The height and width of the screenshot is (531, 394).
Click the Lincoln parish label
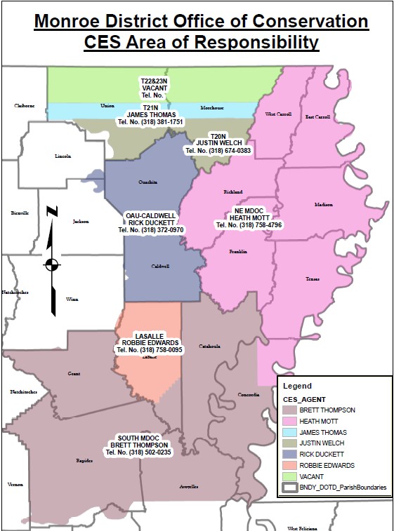[x=63, y=156]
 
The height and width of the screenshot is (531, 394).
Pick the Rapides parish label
[x=84, y=461]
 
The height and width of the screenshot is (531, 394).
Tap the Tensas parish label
[x=312, y=278]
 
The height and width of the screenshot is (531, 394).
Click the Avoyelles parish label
[x=188, y=485]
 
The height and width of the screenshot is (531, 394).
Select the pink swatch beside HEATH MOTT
[x=291, y=421]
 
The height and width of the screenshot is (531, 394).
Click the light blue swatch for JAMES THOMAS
[x=291, y=433]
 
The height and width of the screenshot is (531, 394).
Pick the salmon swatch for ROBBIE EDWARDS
[x=291, y=465]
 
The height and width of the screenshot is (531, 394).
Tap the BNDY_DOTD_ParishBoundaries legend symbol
[x=291, y=487]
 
